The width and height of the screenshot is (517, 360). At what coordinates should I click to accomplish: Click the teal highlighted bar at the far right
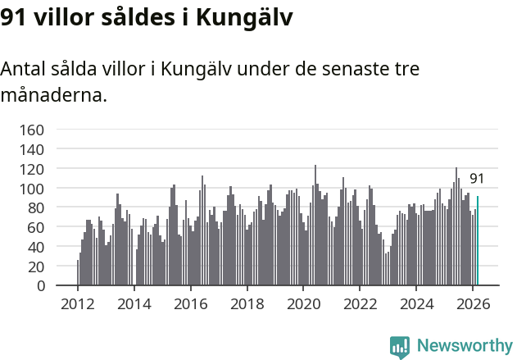pyautogui.click(x=478, y=241)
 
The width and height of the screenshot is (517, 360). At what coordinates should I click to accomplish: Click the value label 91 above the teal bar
pyautogui.click(x=477, y=179)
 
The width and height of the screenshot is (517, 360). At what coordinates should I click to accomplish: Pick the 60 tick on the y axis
pyautogui.click(x=35, y=227)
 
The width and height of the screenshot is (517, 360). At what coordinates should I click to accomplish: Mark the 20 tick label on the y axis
pyautogui.click(x=35, y=267)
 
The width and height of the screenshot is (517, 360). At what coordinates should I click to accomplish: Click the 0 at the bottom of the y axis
pyautogui.click(x=39, y=286)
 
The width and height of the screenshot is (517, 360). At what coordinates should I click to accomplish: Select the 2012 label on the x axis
pyautogui.click(x=78, y=304)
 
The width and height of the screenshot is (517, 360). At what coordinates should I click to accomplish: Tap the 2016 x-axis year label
pyautogui.click(x=190, y=304)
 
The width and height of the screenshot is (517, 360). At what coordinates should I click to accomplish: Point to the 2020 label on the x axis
pyautogui.click(x=303, y=304)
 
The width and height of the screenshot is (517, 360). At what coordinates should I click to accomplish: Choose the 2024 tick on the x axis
pyautogui.click(x=416, y=304)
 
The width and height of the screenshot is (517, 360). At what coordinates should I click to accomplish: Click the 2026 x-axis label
pyautogui.click(x=473, y=304)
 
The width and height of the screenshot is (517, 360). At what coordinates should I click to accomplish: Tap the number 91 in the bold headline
pyautogui.click(x=14, y=17)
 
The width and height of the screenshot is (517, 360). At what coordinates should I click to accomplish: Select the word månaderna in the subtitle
pyautogui.click(x=53, y=95)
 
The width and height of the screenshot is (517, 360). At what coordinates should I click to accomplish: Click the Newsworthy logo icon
pyautogui.click(x=400, y=346)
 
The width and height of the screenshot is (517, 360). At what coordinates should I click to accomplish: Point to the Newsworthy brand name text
pyautogui.click(x=465, y=346)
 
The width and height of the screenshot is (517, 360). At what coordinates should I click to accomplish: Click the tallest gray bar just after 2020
pyautogui.click(x=315, y=226)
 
